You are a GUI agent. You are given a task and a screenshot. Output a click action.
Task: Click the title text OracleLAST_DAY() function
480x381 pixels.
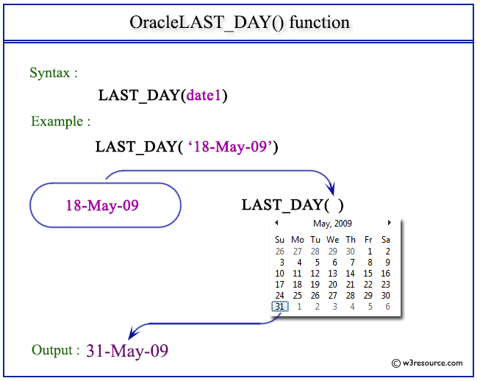tap(240, 23)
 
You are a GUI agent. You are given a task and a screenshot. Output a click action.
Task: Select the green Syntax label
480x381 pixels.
tap(53, 73)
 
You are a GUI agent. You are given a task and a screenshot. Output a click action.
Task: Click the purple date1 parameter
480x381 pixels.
tap(204, 96)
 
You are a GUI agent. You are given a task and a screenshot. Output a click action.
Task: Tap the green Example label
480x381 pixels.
tap(60, 121)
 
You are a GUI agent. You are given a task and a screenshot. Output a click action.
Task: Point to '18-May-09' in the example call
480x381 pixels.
tap(230, 146)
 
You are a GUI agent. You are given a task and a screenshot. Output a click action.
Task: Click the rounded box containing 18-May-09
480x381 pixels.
tap(105, 205)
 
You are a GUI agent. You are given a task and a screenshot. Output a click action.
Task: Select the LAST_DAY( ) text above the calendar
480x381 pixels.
tap(293, 204)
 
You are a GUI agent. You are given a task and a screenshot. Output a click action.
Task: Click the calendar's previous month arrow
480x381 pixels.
tap(276, 223)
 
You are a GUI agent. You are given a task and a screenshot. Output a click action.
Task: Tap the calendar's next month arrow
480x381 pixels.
tap(389, 223)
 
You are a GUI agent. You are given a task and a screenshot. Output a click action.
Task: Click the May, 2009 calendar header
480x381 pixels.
tap(332, 224)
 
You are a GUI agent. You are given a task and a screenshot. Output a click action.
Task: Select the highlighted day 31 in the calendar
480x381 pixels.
tap(280, 306)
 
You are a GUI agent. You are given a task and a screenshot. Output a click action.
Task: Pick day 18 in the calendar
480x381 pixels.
tap(297, 285)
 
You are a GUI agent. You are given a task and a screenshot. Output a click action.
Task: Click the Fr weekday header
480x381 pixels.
tap(368, 240)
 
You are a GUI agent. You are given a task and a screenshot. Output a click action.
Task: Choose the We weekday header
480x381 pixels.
tap(333, 240)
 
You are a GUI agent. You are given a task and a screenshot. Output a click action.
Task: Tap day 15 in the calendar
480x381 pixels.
tap(368, 273)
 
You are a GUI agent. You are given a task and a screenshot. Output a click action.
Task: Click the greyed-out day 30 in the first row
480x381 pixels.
tap(350, 251)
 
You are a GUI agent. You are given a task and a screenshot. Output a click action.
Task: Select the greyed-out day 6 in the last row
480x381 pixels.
tap(387, 306)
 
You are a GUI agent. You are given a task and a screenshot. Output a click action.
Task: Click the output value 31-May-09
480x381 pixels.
tap(127, 351)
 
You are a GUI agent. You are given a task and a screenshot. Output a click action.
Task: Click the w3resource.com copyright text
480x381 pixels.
tap(427, 363)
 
